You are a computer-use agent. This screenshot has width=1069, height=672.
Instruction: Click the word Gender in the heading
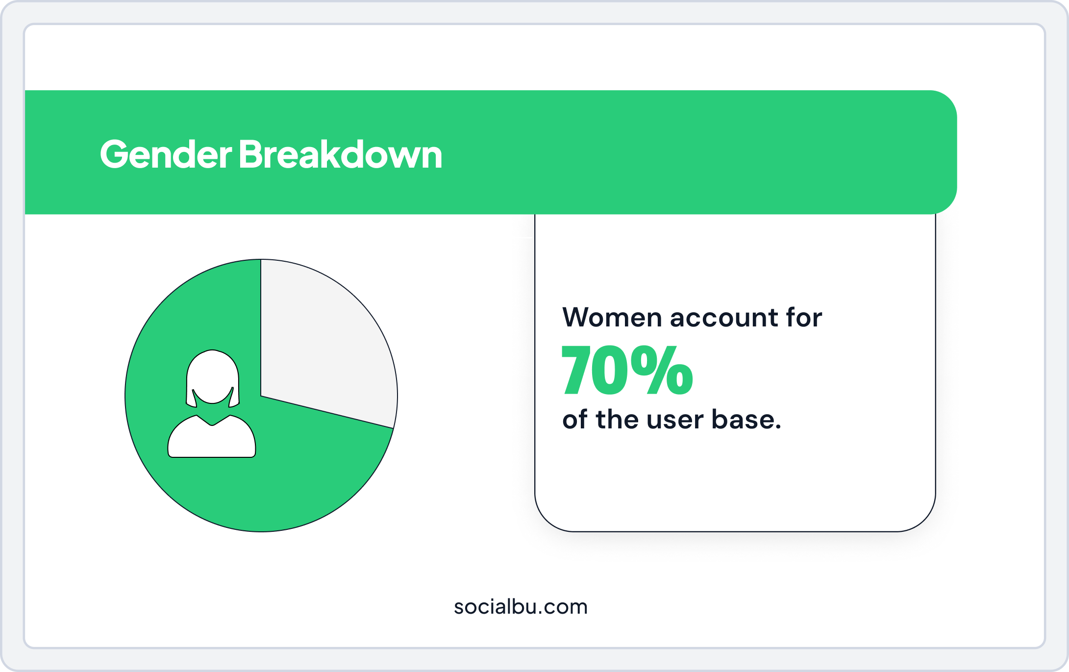click(166, 154)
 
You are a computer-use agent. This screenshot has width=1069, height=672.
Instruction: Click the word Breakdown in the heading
click(341, 154)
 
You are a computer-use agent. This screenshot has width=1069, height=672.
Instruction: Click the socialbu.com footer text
click(521, 607)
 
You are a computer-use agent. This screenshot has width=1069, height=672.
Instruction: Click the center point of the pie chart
click(261, 396)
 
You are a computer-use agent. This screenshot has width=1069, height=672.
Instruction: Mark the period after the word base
click(778, 427)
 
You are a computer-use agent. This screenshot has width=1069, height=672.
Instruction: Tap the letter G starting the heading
click(114, 154)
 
